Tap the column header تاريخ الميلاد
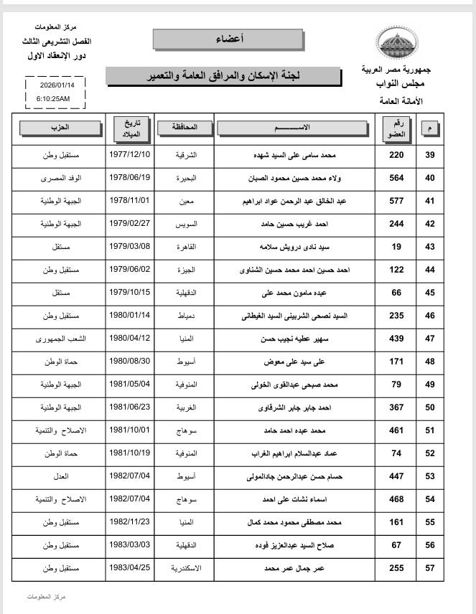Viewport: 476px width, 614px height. (129, 127)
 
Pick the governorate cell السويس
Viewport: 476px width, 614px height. (186, 225)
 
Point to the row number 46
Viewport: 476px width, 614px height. (451, 316)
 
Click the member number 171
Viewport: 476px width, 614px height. (396, 362)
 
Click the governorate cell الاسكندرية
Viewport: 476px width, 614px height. (186, 567)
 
